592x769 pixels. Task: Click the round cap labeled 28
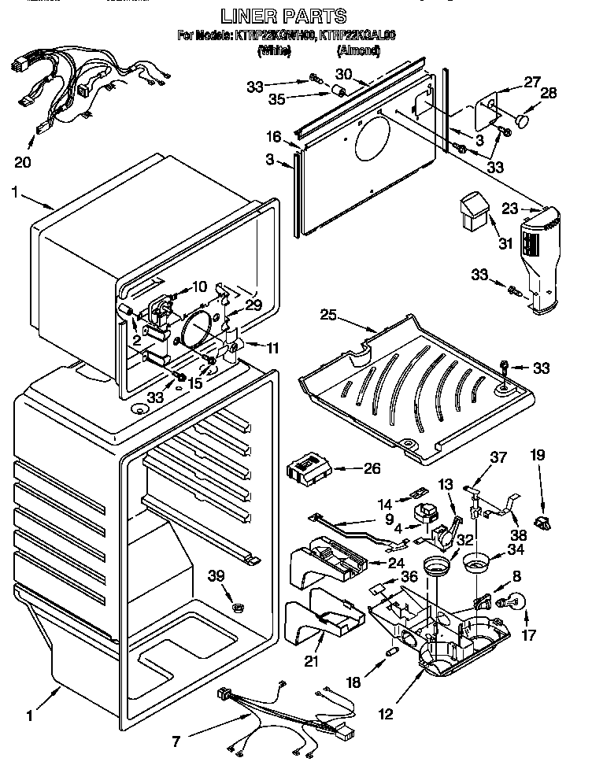coord(524,121)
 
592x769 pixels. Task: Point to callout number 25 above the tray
coord(329,316)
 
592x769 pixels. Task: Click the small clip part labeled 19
coord(539,521)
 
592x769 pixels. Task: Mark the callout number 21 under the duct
coord(312,662)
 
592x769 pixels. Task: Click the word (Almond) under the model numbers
coord(358,51)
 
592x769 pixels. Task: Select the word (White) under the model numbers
coord(275,51)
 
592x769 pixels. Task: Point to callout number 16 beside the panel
coord(273,137)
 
